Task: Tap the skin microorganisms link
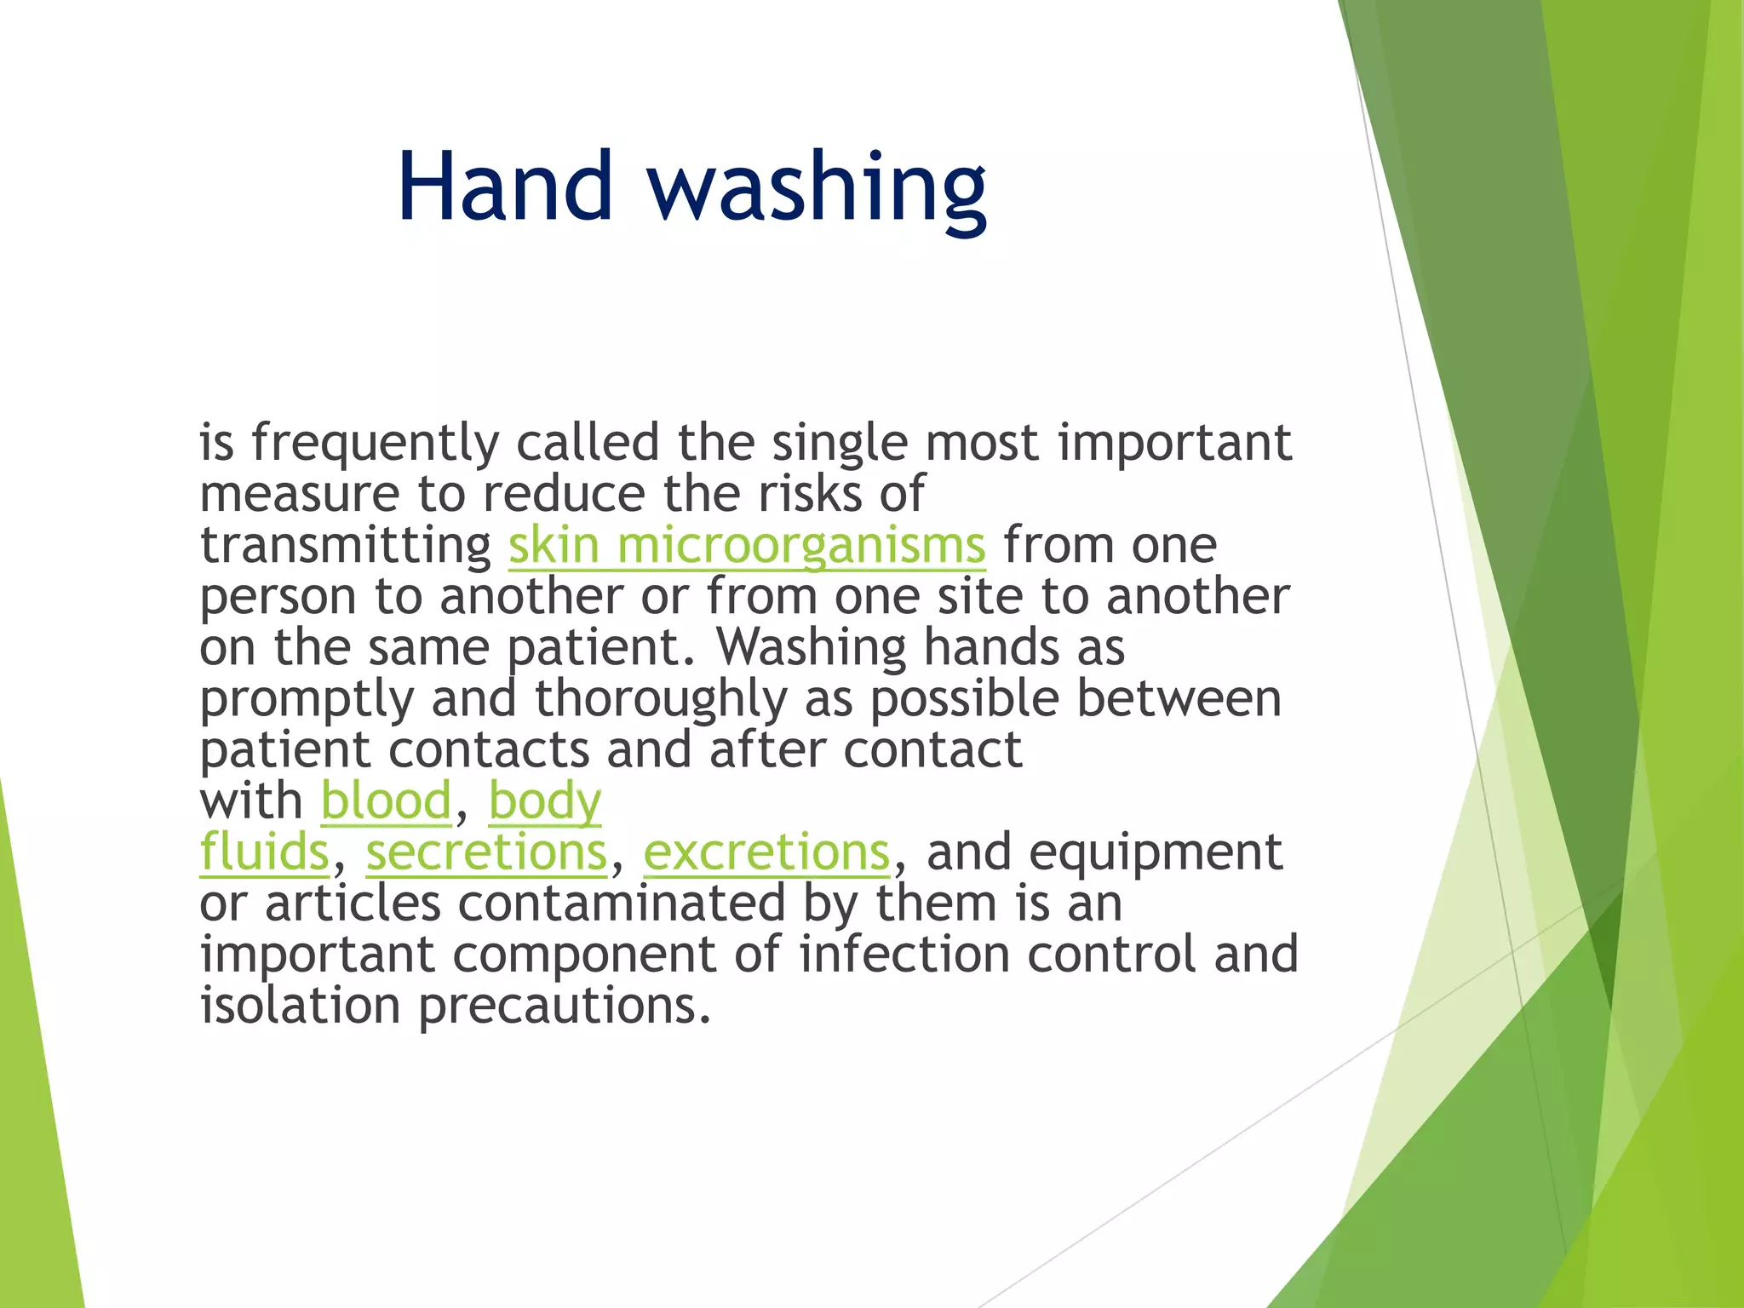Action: [747, 545]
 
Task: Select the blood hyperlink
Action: [386, 801]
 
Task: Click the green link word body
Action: [545, 803]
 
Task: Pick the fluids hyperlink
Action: [264, 852]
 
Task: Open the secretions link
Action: [487, 852]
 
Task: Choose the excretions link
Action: [766, 852]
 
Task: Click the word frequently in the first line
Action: [375, 444]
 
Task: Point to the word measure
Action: [299, 494]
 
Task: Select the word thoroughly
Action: [661, 700]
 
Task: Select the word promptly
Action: [307, 701]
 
